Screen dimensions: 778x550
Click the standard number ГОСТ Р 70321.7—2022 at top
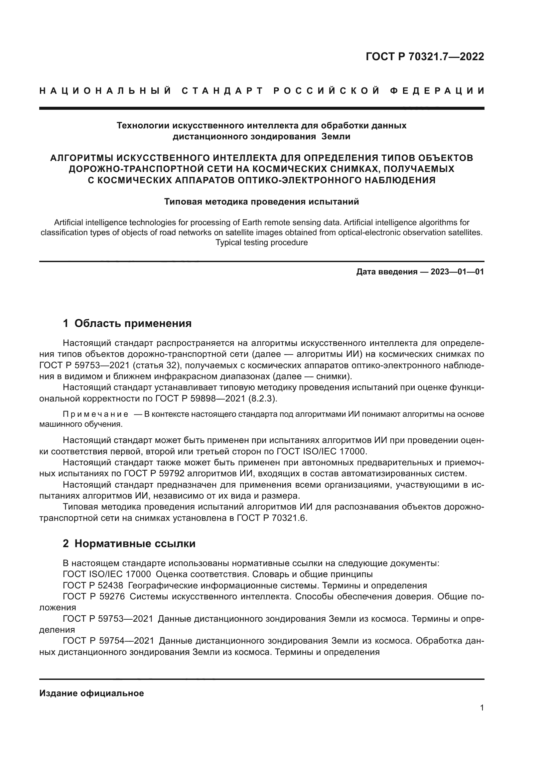pos(425,57)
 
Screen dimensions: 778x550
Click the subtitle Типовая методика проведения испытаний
pos(261,202)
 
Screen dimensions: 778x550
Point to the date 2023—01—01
pos(457,272)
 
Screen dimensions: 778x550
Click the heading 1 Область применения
pos(127,323)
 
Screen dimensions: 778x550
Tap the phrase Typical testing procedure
pos(261,242)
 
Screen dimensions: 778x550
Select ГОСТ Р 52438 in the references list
pos(93,585)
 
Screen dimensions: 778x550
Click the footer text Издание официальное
pos(91,693)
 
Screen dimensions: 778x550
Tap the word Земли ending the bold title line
pos(336,137)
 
